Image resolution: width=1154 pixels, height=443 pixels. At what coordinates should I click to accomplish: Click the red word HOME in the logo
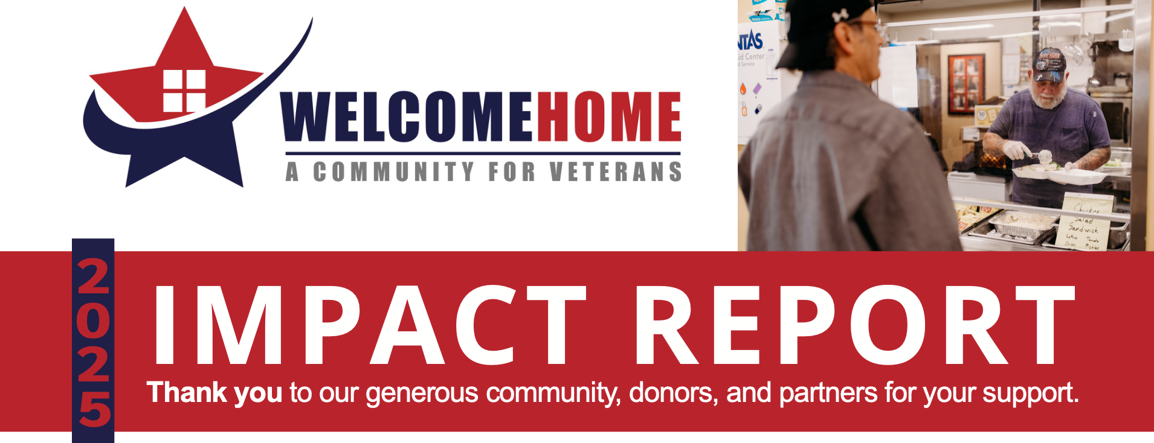pos(609,116)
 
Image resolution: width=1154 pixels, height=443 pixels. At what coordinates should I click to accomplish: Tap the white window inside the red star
pos(184,91)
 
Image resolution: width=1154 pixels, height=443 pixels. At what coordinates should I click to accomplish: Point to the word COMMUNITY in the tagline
pos(393,172)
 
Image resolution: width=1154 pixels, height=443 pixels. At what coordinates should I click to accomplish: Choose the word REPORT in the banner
pos(853,326)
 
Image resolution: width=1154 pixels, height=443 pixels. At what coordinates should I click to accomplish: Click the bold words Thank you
pos(214,393)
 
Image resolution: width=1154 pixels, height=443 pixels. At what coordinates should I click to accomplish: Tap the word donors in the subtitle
pos(673,393)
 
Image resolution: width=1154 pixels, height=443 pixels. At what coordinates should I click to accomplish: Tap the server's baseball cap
pos(1049,64)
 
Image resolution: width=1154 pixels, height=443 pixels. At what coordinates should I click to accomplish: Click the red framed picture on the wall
pos(965,83)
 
